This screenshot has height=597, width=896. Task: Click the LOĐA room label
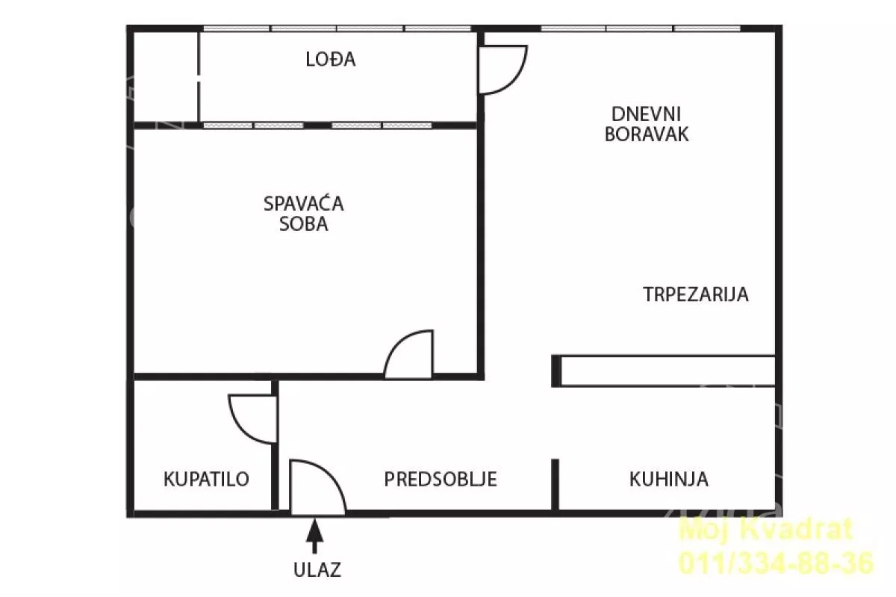pyautogui.click(x=331, y=60)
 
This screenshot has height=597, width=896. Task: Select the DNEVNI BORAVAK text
pyautogui.click(x=647, y=124)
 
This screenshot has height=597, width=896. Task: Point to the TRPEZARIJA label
pyautogui.click(x=696, y=294)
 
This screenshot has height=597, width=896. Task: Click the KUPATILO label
pyautogui.click(x=206, y=479)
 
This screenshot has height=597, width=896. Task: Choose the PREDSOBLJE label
pyautogui.click(x=441, y=479)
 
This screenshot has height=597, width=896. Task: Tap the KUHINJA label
pyautogui.click(x=669, y=479)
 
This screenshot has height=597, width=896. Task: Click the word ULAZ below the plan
pyautogui.click(x=317, y=569)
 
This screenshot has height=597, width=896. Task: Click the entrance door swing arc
pyautogui.click(x=317, y=489)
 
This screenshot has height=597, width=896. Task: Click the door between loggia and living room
pyautogui.click(x=503, y=69)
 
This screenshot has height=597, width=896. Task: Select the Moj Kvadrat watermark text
pyautogui.click(x=765, y=531)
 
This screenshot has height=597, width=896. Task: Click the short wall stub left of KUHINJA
pyautogui.click(x=555, y=484)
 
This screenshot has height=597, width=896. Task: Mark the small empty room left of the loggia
pyautogui.click(x=166, y=76)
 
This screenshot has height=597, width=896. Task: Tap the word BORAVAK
pyautogui.click(x=647, y=134)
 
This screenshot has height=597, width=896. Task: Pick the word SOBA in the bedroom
pyautogui.click(x=304, y=224)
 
